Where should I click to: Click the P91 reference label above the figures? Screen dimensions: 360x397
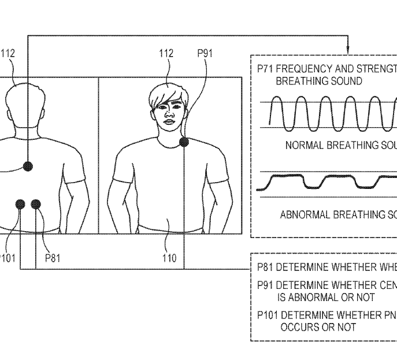[x=205, y=54]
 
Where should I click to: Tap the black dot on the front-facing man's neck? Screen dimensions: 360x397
[x=184, y=141]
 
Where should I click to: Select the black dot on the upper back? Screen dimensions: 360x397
[x=27, y=166]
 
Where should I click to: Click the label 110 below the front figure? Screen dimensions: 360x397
[x=169, y=258]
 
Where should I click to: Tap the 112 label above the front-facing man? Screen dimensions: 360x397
[x=166, y=54]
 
